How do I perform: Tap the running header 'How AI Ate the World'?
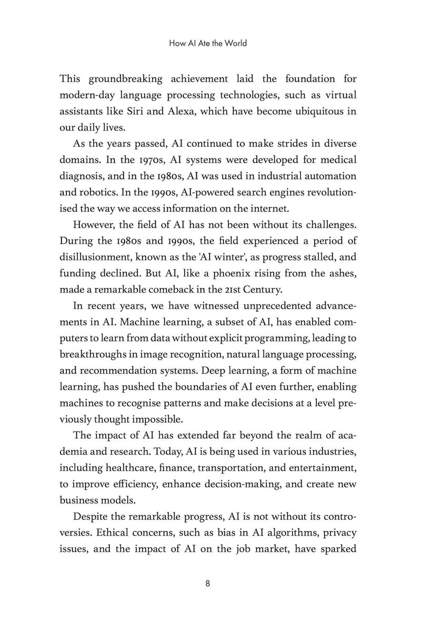[208, 44]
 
